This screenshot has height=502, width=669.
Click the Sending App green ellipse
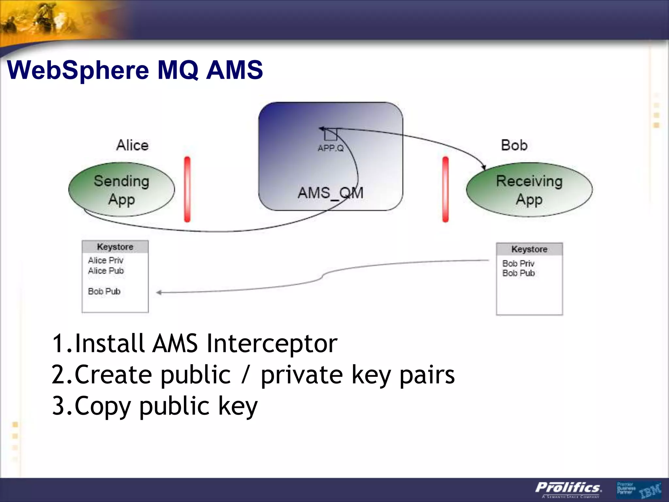(x=121, y=190)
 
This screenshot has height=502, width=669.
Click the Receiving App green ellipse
(x=529, y=190)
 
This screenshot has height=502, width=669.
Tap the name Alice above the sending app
(x=132, y=145)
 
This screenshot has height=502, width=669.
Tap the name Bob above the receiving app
(x=514, y=145)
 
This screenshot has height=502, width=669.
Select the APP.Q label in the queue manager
(x=331, y=148)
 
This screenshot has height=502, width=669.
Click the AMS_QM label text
(x=330, y=193)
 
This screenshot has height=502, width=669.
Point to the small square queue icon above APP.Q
(x=331, y=134)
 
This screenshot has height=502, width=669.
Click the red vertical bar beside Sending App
(x=187, y=190)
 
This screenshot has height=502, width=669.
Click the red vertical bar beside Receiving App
(x=445, y=190)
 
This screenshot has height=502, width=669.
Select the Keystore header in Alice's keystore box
(x=115, y=247)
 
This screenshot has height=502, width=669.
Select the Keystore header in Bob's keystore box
(x=529, y=249)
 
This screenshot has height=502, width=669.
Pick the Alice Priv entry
(x=106, y=260)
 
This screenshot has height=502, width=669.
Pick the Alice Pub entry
(x=106, y=271)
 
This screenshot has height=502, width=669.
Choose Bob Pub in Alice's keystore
(x=104, y=292)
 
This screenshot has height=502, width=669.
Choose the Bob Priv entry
(x=518, y=263)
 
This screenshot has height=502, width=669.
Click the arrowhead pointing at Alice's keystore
(x=159, y=293)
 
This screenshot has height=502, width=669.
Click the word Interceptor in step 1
(x=272, y=344)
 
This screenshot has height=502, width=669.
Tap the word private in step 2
(x=302, y=375)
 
